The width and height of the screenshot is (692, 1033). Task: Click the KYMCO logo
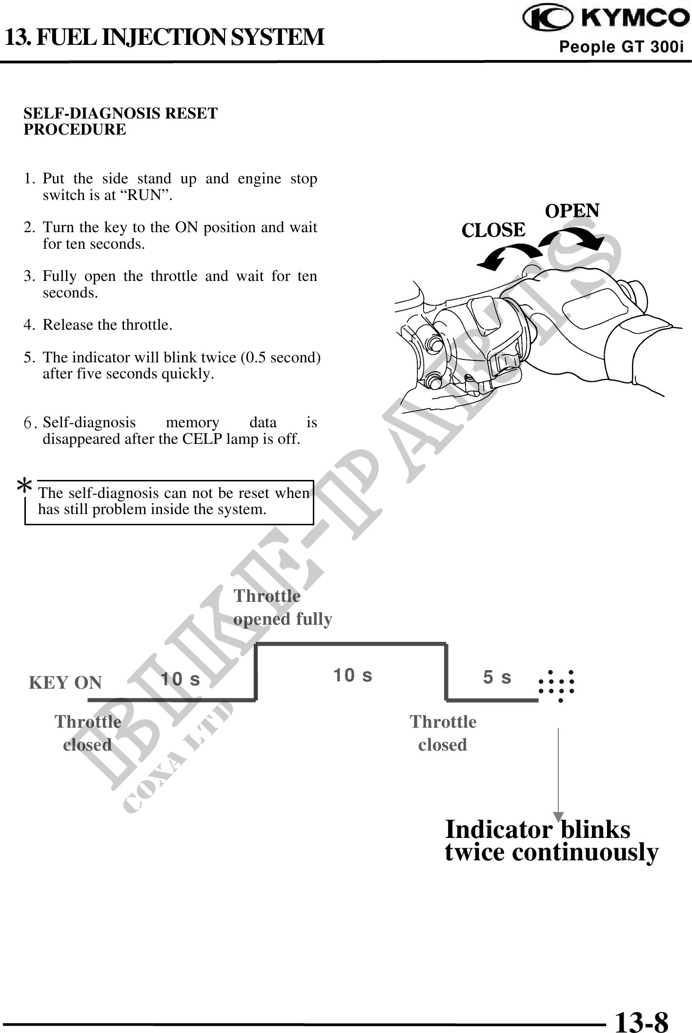(x=606, y=19)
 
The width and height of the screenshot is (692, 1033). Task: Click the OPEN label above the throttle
(x=572, y=211)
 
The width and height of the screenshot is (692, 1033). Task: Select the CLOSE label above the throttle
(x=493, y=230)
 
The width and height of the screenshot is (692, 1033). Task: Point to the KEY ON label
(x=65, y=682)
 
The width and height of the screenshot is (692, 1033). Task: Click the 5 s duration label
(x=497, y=677)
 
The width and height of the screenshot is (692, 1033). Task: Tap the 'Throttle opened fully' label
(x=283, y=607)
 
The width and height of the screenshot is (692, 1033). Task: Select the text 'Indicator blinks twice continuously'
(x=551, y=841)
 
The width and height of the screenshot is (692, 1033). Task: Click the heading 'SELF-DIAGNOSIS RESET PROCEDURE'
(x=121, y=121)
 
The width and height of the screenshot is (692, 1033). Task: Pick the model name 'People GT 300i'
(x=621, y=47)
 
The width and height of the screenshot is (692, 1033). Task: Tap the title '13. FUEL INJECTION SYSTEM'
(x=164, y=37)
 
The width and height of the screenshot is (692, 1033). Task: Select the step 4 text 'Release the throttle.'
(x=107, y=325)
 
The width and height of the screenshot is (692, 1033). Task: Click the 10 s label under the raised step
(x=352, y=675)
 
